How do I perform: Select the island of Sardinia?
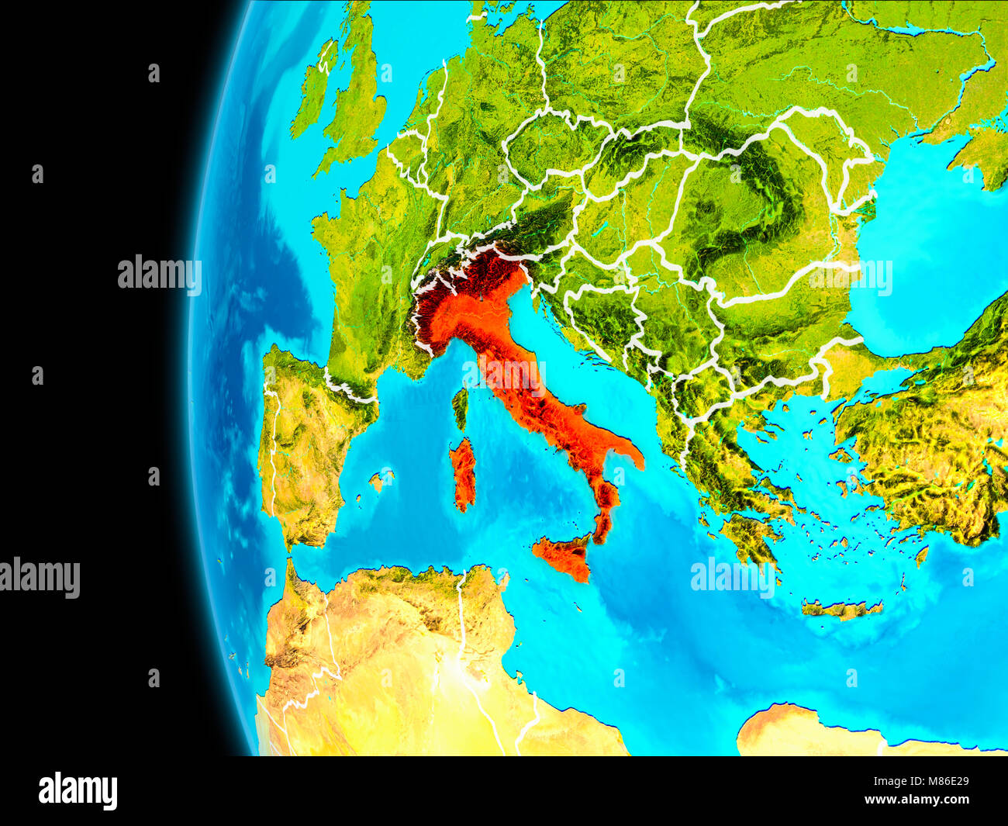point(464,473)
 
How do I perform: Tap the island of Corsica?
point(460,407)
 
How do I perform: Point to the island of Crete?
point(841,610)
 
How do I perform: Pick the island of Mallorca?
point(381,479)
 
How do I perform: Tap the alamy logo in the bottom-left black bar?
point(78,791)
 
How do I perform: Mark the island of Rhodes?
point(921,555)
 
